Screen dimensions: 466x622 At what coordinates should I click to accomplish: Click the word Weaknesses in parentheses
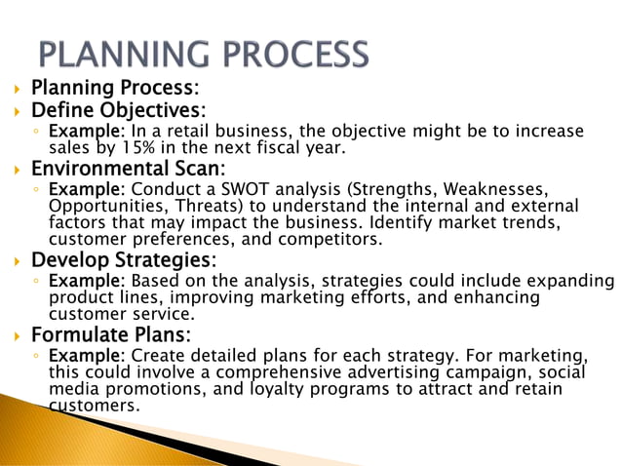click(x=497, y=188)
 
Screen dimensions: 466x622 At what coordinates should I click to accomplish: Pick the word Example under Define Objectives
click(x=79, y=132)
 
